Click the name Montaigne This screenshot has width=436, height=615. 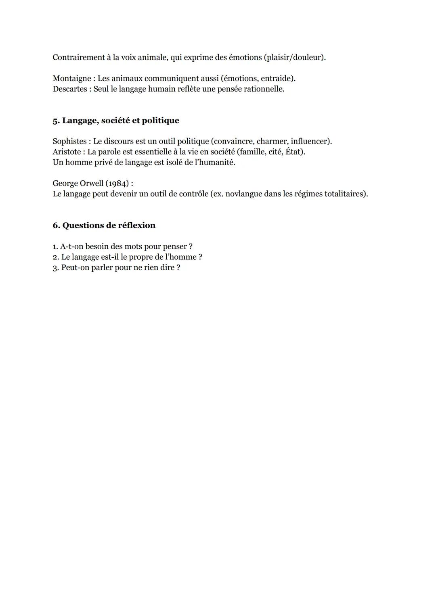(x=70, y=79)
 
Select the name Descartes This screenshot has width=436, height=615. (x=69, y=89)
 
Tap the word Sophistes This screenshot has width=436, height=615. (x=69, y=142)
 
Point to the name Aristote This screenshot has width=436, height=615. (x=67, y=152)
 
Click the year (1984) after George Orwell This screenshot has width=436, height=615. (x=117, y=183)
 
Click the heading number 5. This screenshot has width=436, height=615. (x=56, y=121)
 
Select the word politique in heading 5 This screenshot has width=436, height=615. (x=160, y=121)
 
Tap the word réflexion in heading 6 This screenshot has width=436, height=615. (x=136, y=225)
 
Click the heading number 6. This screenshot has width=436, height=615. (x=56, y=225)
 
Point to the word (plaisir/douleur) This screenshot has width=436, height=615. (x=294, y=57)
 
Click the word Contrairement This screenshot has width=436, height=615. (x=78, y=57)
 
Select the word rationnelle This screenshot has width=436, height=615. (x=264, y=89)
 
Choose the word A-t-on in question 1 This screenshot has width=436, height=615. (x=71, y=246)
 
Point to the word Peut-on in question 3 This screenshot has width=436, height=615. (x=75, y=267)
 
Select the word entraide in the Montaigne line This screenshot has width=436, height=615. (x=278, y=79)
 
